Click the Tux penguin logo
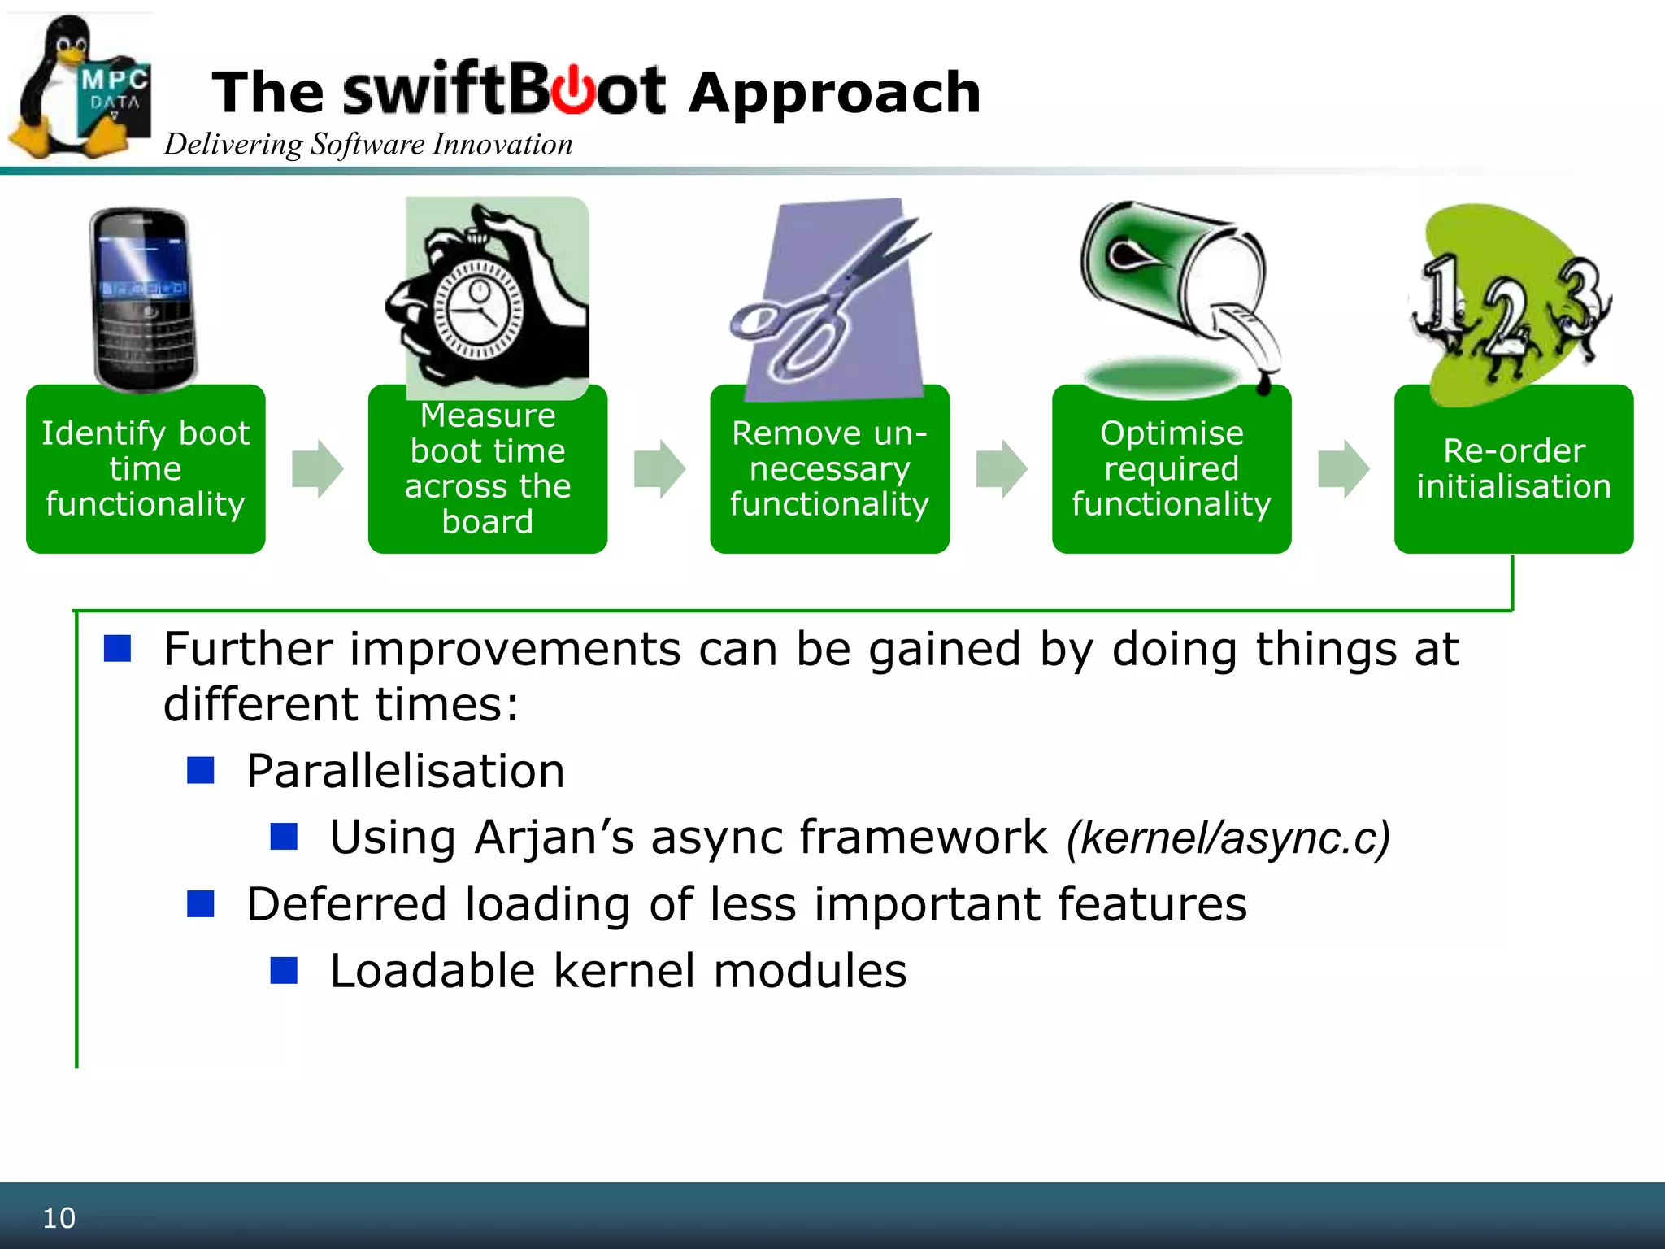(x=61, y=89)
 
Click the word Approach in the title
(x=835, y=93)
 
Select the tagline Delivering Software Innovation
(x=367, y=145)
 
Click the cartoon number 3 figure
(x=1581, y=309)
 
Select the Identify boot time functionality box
(x=146, y=469)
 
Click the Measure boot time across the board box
(x=488, y=469)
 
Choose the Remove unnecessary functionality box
(x=829, y=469)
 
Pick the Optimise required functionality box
(x=1172, y=469)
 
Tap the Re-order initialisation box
(x=1514, y=469)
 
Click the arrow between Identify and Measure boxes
(x=318, y=469)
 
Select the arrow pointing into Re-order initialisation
(x=1343, y=469)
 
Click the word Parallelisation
(x=406, y=771)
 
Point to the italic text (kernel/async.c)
(x=1228, y=838)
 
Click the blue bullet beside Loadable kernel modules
(x=284, y=971)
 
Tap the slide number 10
(x=59, y=1218)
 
